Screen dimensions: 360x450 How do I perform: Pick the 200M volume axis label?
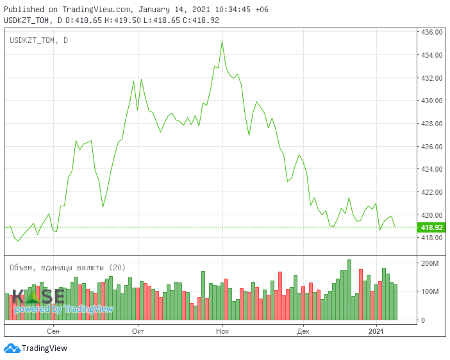pos(429,263)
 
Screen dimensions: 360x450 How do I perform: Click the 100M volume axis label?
pos(429,291)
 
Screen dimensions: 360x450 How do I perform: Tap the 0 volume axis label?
pos(422,320)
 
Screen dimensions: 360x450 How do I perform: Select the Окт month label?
pos(137,331)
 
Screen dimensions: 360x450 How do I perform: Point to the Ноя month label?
pos(222,331)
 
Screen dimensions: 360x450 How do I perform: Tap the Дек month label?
pos(303,331)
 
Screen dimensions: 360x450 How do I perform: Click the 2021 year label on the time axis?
pos(376,331)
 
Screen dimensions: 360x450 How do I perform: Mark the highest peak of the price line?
pos(222,42)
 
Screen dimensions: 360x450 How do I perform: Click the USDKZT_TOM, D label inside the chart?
pos(38,41)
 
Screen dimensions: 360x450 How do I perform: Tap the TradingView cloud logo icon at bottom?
pos(11,348)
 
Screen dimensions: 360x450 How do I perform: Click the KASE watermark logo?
pos(38,297)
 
